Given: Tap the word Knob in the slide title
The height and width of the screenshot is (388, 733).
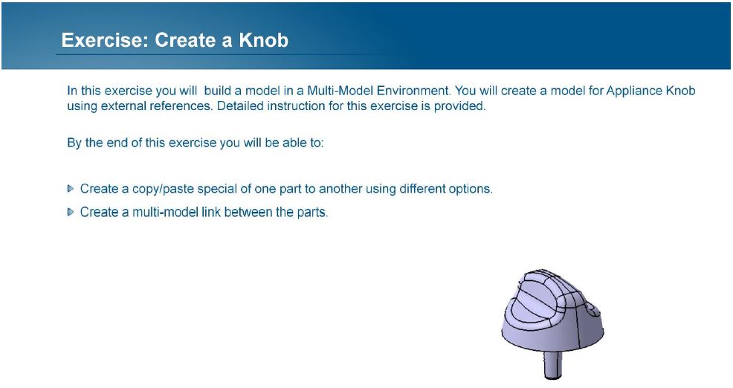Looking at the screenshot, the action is click(x=264, y=40).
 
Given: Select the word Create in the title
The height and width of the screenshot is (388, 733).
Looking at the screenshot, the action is click(x=186, y=40).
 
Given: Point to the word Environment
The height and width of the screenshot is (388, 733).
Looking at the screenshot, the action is click(x=414, y=90).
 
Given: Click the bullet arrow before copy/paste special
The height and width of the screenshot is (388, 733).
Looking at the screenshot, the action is click(x=71, y=189).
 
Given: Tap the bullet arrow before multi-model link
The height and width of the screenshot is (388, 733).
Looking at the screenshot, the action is click(x=71, y=213).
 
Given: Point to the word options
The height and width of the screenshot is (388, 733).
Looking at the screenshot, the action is click(x=471, y=189).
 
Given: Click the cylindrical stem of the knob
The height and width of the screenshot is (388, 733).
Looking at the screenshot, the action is click(x=553, y=365).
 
